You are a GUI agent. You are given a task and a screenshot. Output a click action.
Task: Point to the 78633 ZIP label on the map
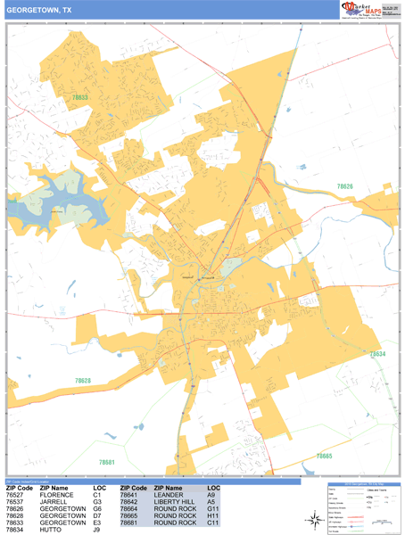(81, 97)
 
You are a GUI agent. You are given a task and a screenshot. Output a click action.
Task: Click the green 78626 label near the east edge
(345, 186)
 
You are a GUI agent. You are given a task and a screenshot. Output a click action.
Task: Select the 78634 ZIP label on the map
(377, 354)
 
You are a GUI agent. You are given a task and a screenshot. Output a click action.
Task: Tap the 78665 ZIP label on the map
(324, 457)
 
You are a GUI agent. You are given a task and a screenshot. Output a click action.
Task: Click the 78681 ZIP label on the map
(107, 462)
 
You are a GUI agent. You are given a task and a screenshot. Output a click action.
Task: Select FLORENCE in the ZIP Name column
(56, 496)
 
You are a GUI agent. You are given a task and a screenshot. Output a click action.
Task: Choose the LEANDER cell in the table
(169, 496)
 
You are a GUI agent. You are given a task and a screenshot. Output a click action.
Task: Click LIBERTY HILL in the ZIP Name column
(174, 502)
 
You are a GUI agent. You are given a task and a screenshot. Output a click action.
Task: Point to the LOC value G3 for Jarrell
(98, 502)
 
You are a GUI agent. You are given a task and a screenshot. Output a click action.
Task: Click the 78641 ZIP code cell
(130, 496)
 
